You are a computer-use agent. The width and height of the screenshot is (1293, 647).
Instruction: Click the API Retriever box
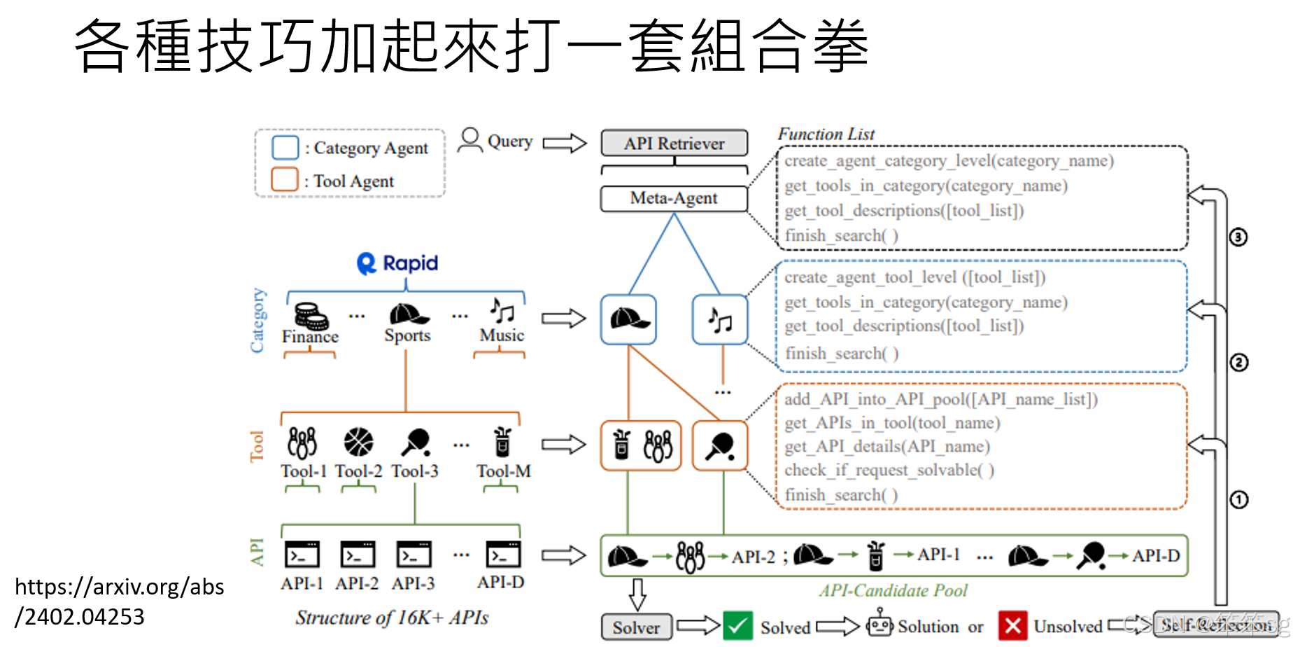click(x=674, y=144)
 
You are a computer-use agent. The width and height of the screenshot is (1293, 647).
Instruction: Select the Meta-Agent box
click(x=674, y=198)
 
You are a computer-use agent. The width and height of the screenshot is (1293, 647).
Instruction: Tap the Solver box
click(x=636, y=627)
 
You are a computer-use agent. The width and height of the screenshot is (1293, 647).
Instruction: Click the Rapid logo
click(x=397, y=263)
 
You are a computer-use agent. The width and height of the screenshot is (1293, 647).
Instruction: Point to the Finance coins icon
click(x=311, y=316)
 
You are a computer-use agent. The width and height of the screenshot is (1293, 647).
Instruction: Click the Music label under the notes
click(x=502, y=336)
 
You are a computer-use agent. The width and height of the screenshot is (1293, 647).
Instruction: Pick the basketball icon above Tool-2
click(x=358, y=443)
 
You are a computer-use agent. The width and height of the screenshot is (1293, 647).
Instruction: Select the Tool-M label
click(x=504, y=471)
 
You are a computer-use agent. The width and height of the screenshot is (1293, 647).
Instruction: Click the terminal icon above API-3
click(x=414, y=555)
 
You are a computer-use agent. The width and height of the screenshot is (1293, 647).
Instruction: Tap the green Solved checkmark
click(x=737, y=626)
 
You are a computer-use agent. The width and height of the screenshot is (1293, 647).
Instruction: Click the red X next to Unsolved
click(x=1012, y=626)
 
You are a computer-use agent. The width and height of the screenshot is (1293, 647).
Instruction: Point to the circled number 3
click(x=1238, y=237)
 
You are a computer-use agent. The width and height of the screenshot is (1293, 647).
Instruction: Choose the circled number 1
click(x=1238, y=500)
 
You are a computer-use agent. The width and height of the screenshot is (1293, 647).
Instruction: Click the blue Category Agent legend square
click(x=285, y=148)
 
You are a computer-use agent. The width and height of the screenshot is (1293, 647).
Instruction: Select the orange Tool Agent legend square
click(x=285, y=179)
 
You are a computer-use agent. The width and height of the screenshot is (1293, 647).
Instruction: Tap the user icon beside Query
click(x=470, y=140)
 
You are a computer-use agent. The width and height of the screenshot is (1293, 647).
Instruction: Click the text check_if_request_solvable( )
click(x=889, y=470)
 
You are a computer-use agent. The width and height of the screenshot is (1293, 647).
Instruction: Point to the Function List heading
click(x=826, y=134)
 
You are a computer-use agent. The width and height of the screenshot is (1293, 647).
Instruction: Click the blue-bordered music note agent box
click(x=720, y=320)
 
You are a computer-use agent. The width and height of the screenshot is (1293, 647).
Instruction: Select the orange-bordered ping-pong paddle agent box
click(x=720, y=445)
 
